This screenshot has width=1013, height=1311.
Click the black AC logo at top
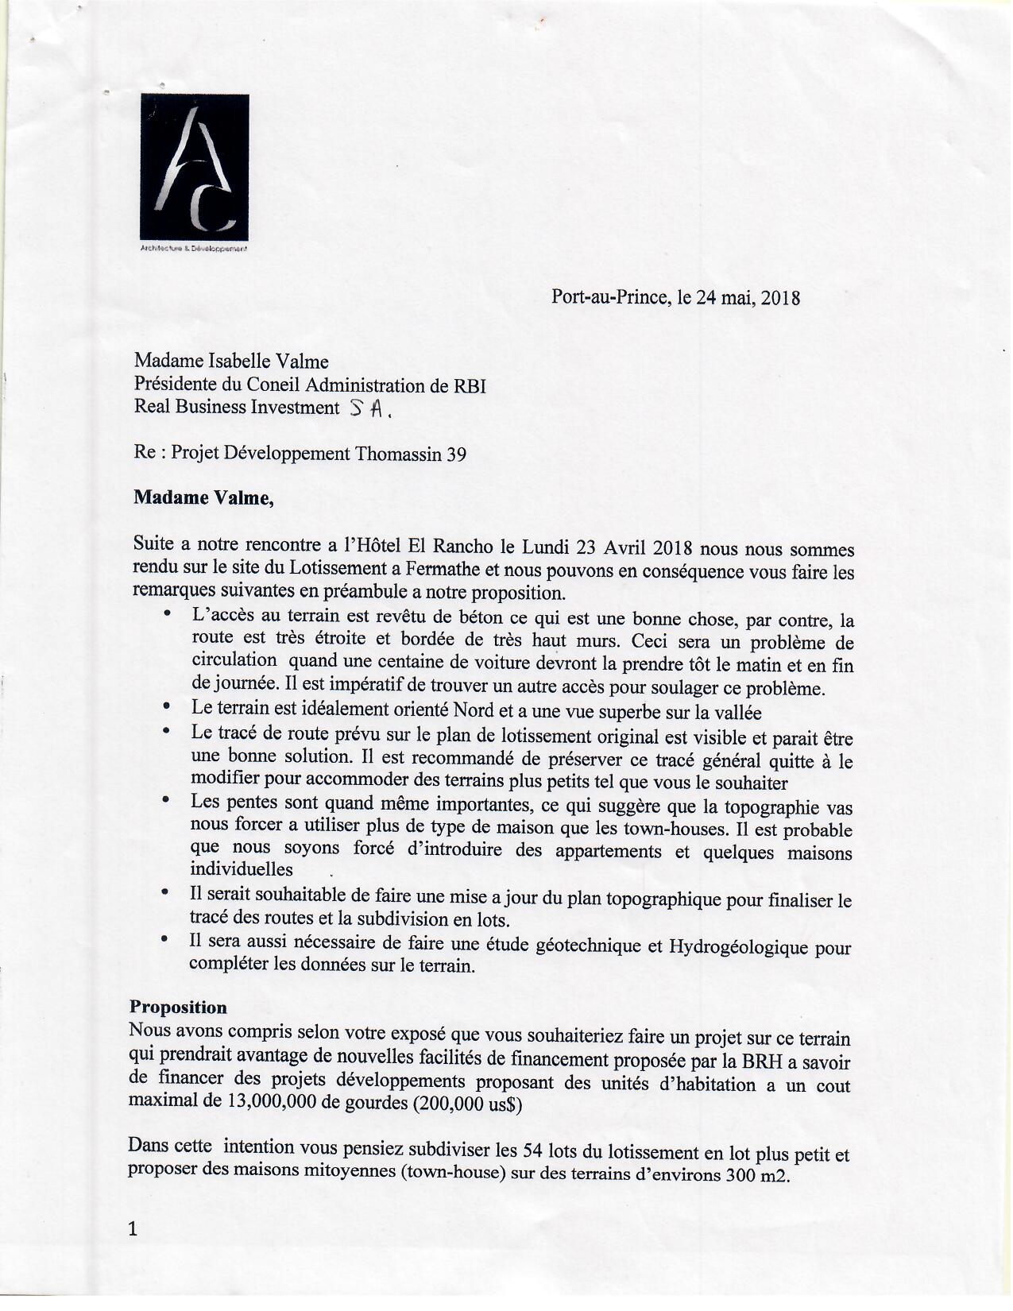click(x=195, y=164)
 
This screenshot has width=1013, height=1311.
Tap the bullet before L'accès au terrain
click(x=167, y=614)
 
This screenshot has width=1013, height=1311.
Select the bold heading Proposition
click(x=179, y=1007)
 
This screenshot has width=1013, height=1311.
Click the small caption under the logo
click(x=195, y=249)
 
